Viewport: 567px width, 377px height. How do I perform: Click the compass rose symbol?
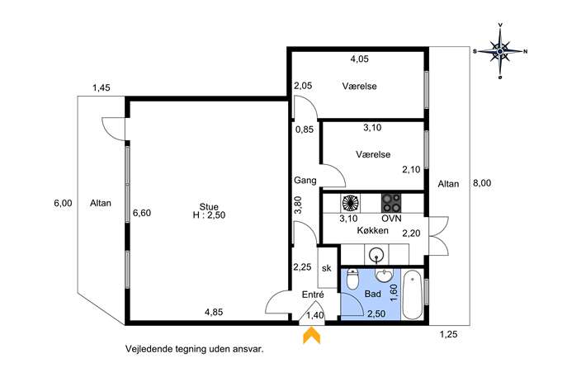[500, 51]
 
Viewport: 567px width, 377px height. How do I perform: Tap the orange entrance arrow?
[311, 335]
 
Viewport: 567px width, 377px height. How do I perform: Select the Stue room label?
[209, 207]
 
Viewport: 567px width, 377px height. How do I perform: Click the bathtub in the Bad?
[413, 295]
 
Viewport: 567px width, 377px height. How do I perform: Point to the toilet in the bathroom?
[352, 279]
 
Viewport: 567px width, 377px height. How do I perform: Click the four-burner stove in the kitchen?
[391, 203]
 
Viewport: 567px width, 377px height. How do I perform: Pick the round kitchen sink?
[376, 255]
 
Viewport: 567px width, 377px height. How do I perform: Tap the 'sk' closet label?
[327, 268]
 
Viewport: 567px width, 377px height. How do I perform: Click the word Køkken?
[373, 230]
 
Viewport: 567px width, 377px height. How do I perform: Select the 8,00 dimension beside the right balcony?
[482, 183]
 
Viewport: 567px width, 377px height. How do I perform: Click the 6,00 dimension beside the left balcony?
[63, 203]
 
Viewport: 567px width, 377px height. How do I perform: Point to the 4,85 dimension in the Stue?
[214, 312]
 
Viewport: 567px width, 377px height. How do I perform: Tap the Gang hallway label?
[305, 181]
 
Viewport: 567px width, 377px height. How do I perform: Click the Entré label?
[313, 295]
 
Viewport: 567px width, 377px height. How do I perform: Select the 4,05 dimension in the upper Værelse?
[360, 59]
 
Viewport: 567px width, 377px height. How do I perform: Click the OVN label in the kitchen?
[391, 219]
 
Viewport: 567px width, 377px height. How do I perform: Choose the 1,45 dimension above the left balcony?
[102, 87]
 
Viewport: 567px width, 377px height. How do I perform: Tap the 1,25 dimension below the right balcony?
[448, 334]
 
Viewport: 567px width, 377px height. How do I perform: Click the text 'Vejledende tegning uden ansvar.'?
[195, 350]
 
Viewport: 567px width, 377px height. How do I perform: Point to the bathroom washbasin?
[384, 275]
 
